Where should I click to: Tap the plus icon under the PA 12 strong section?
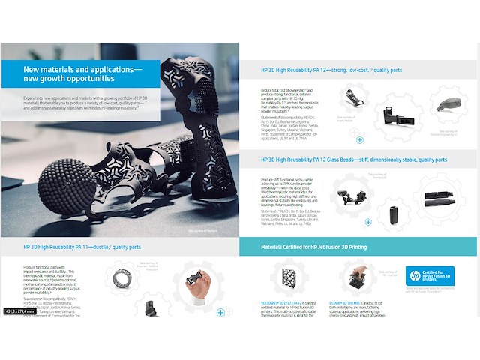[x=359, y=139]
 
